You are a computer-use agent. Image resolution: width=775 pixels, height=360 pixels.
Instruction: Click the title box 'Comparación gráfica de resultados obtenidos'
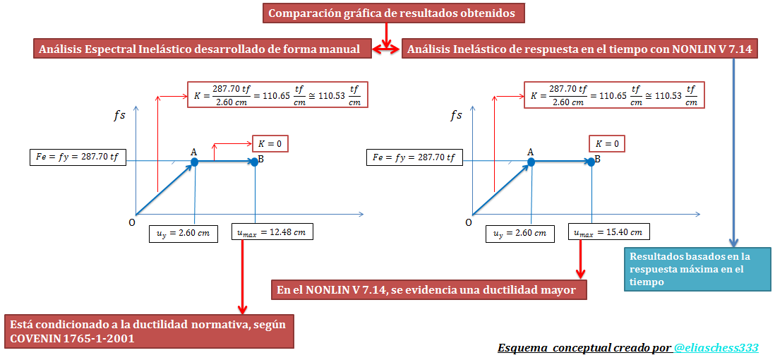(393, 13)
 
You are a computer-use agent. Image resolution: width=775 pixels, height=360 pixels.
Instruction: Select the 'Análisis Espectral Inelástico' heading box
(202, 49)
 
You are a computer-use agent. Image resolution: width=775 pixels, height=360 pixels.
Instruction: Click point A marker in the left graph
(195, 162)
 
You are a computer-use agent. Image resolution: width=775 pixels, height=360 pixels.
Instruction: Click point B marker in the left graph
(255, 162)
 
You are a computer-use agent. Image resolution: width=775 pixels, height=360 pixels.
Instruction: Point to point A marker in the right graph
(531, 162)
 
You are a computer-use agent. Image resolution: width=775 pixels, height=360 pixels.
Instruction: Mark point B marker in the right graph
(591, 162)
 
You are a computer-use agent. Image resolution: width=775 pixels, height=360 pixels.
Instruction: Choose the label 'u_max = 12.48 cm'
(272, 232)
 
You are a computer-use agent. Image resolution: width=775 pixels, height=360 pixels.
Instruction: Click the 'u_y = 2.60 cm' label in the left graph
(184, 234)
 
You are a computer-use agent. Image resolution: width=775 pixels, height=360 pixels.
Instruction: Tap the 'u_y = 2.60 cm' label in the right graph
(520, 234)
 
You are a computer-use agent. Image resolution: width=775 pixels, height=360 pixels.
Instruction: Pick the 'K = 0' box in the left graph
(270, 143)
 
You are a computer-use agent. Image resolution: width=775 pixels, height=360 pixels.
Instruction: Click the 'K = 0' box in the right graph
(607, 143)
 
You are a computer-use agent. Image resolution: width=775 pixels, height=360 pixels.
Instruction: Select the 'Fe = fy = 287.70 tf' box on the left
(78, 157)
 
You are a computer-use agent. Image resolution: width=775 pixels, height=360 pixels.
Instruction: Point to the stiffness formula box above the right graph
(614, 95)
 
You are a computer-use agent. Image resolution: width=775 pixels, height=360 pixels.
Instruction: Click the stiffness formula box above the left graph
(278, 95)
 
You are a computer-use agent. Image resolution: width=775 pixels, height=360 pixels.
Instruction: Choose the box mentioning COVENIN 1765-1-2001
(149, 331)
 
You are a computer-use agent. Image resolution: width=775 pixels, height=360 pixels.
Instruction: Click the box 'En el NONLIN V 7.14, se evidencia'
(429, 290)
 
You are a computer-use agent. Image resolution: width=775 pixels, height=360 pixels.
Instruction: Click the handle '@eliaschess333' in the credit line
(716, 347)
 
